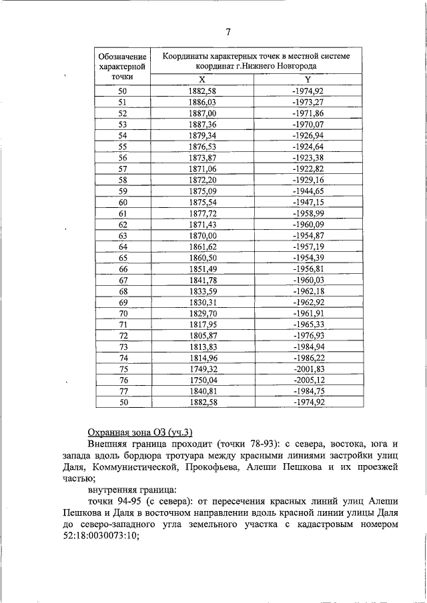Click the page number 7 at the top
coord(228,31)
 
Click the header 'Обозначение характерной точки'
coord(122,67)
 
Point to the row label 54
coord(122,135)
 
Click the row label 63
coord(122,236)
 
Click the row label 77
coord(122,391)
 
